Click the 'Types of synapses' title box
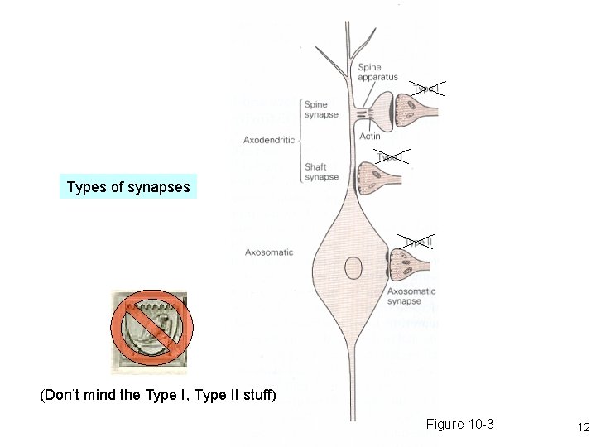128,187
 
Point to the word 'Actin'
370,137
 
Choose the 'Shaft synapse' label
320,171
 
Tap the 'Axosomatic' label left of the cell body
269,252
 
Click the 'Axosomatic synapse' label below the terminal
411,296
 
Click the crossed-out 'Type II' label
419,242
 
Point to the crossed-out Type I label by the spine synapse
426,89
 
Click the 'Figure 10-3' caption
459,425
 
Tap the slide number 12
583,428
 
